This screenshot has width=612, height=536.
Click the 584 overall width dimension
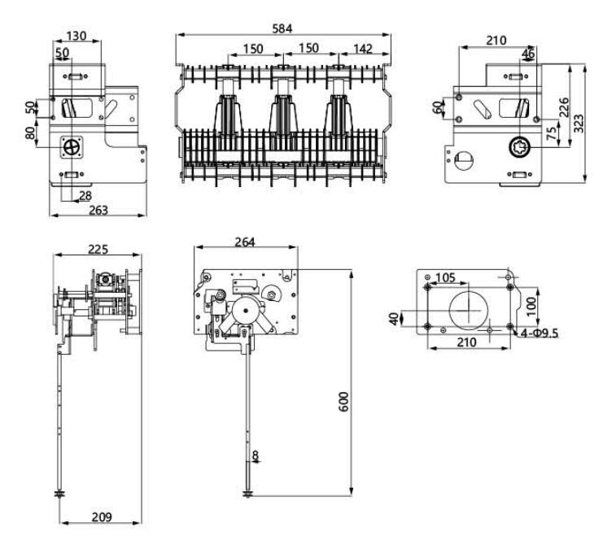[283, 28]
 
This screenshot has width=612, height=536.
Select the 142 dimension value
[363, 49]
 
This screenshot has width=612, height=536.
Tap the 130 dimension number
[79, 36]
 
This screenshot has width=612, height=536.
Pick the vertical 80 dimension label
[31, 133]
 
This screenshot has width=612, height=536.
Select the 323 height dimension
[579, 123]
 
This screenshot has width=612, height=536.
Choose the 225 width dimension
[98, 249]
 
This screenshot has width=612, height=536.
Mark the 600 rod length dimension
[343, 402]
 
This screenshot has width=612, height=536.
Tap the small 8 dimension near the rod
[258, 456]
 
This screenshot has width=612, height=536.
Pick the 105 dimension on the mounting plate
[444, 278]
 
